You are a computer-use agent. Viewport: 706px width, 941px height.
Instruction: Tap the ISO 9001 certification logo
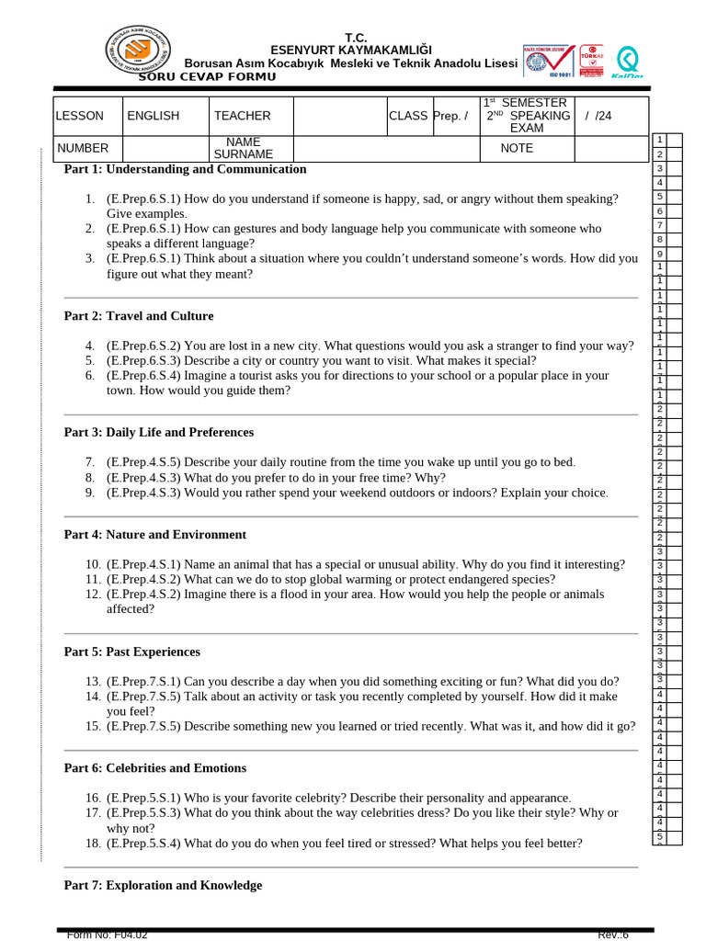pyautogui.click(x=549, y=61)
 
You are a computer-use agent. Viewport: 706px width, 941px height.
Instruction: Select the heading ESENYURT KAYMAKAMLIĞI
pyautogui.click(x=338, y=50)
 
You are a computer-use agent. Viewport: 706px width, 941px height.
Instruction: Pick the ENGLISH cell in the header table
pyautogui.click(x=154, y=116)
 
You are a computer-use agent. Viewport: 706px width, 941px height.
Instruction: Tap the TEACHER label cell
pyautogui.click(x=242, y=116)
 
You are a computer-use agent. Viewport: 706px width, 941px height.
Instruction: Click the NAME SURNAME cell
pyautogui.click(x=244, y=148)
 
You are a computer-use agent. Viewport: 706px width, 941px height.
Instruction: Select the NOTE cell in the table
pyautogui.click(x=517, y=148)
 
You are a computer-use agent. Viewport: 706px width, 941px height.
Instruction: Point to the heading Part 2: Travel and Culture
pyautogui.click(x=138, y=316)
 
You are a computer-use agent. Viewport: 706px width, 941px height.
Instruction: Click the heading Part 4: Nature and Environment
pyautogui.click(x=154, y=535)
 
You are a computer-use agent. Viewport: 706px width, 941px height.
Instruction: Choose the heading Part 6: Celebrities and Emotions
pyautogui.click(x=154, y=768)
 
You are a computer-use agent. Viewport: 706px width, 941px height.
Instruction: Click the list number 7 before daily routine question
pyautogui.click(x=90, y=462)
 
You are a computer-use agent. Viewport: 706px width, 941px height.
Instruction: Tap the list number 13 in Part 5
pyautogui.click(x=93, y=682)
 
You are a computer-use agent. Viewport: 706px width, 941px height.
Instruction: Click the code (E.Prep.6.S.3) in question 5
pyautogui.click(x=143, y=361)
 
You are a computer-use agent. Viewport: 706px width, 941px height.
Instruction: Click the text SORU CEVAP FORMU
pyautogui.click(x=206, y=76)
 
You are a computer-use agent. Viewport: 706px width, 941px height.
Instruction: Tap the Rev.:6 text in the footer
pyautogui.click(x=613, y=935)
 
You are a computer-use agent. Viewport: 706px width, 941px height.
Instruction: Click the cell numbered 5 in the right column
pyautogui.click(x=660, y=197)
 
